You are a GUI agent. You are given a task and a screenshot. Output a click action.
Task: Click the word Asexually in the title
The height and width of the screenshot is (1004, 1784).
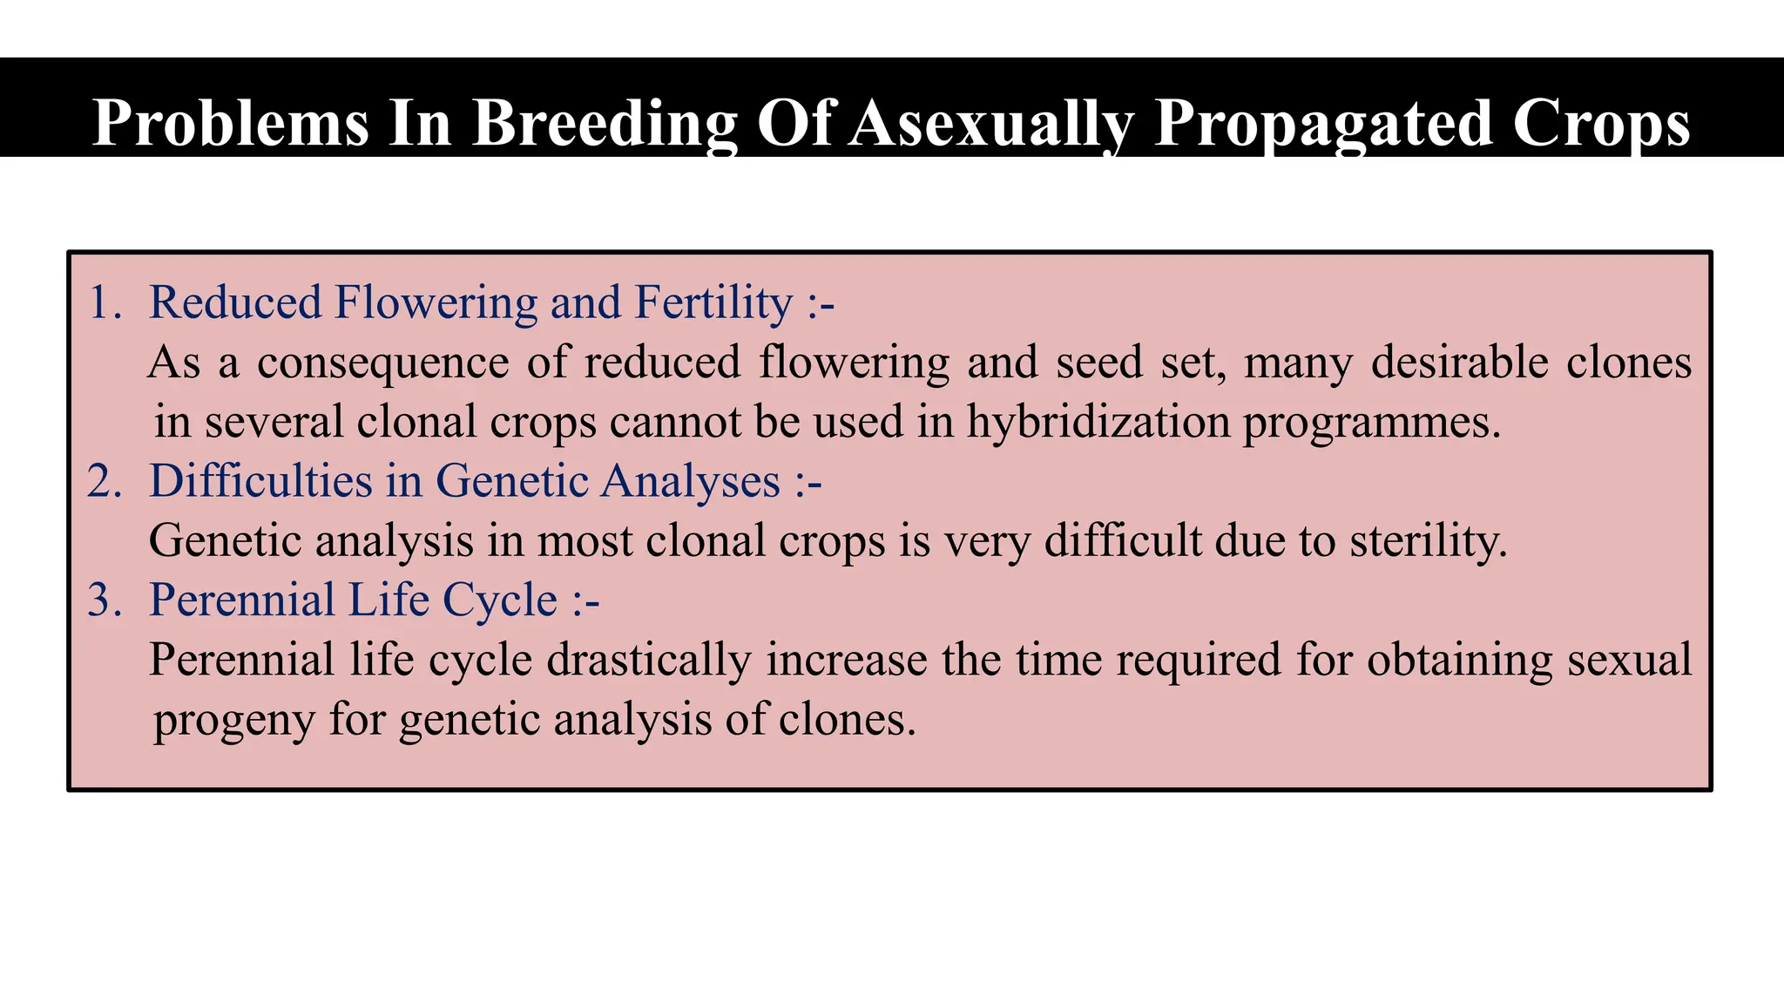coord(992,123)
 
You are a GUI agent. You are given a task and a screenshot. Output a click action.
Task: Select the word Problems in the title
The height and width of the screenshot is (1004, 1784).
coord(231,123)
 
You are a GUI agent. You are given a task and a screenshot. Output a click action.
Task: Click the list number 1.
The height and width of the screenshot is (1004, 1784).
coord(103,302)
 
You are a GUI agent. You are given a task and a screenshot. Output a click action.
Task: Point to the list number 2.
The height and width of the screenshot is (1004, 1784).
coord(103,481)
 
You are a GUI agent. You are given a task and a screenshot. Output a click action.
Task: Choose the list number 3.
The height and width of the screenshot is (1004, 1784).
coord(103,600)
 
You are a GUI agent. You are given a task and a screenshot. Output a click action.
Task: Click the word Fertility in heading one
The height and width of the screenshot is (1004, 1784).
coord(713,302)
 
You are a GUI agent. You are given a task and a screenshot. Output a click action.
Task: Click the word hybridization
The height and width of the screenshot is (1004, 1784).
coord(1098,422)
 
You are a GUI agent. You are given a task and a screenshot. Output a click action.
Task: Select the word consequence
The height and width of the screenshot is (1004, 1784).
coord(382,363)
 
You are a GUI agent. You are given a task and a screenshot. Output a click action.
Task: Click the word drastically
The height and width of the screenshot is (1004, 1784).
coord(649,660)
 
